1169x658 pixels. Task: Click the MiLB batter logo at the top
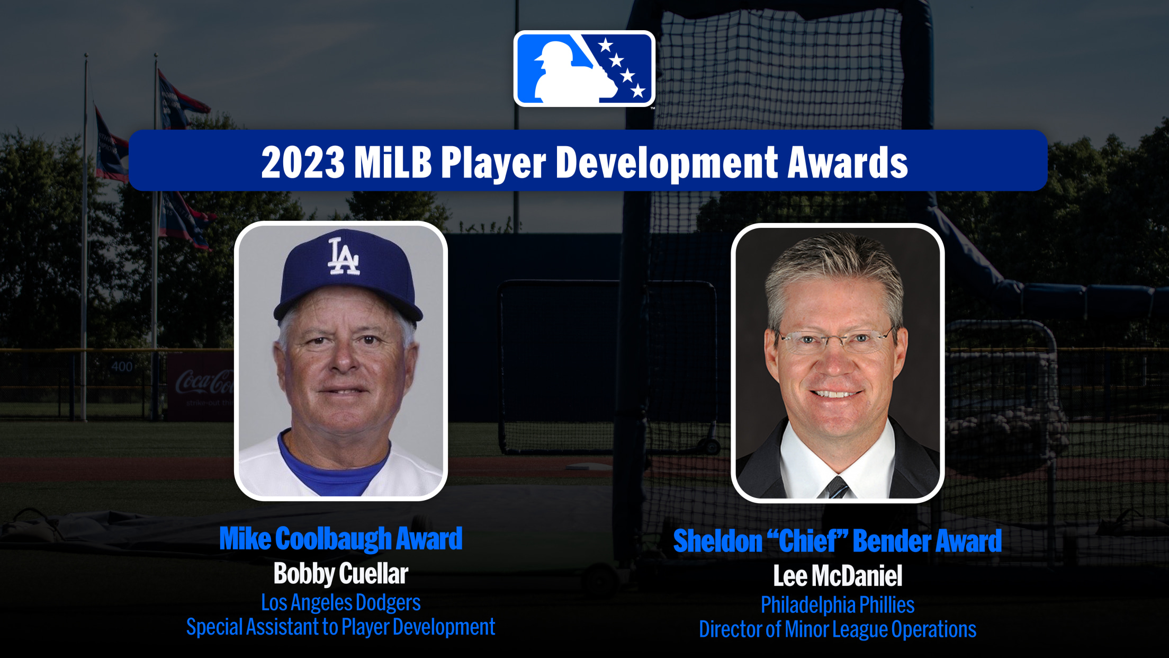[x=584, y=69]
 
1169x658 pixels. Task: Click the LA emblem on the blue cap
[x=344, y=257]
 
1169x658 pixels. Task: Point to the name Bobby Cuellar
[x=341, y=574]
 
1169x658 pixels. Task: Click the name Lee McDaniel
[x=838, y=576]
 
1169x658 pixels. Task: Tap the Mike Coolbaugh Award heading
[x=341, y=539]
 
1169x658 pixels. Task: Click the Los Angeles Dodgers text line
[x=341, y=603]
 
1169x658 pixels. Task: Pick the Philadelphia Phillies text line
[x=838, y=604]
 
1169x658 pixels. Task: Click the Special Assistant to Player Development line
[x=341, y=627]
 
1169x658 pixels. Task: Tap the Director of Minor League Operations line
[x=838, y=629]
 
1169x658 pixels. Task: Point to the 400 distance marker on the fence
[x=122, y=367]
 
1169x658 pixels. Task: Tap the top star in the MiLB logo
[x=605, y=45]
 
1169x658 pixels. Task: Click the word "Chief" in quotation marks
[x=806, y=541]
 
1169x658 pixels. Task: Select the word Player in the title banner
[x=493, y=164]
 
